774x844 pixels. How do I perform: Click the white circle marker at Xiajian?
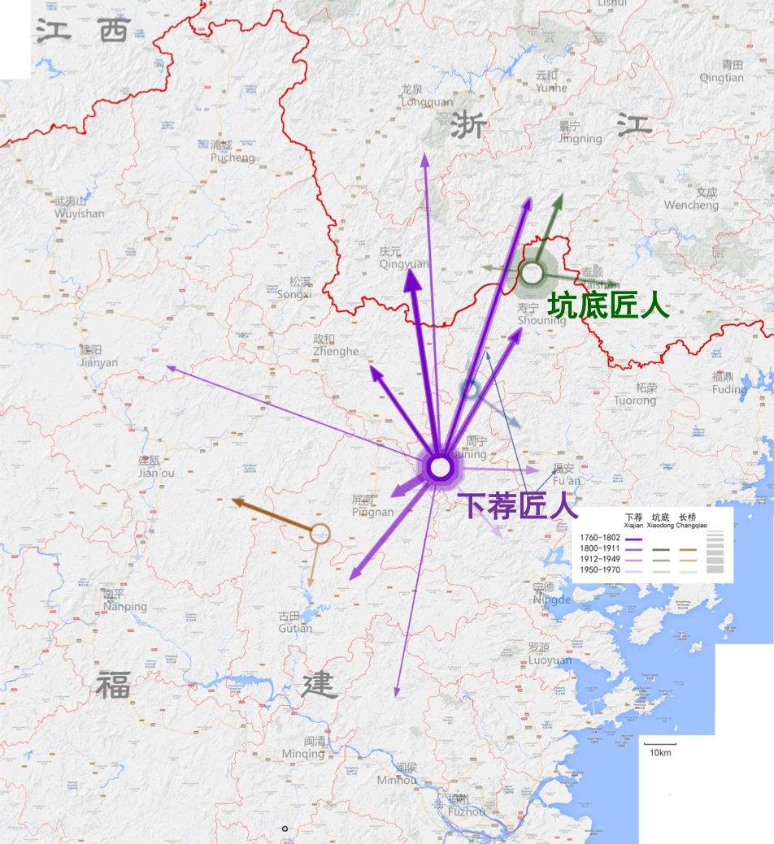click(439, 468)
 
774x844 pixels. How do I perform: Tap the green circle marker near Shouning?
click(532, 273)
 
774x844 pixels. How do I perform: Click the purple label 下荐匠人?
click(520, 506)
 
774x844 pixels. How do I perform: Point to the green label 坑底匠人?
click(608, 306)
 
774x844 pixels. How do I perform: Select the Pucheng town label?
click(233, 152)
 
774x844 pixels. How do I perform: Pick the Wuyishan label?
click(80, 208)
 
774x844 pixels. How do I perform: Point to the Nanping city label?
click(125, 600)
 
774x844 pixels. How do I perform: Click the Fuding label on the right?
click(728, 383)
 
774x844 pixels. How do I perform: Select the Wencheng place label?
click(691, 200)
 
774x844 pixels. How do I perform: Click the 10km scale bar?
click(659, 743)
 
